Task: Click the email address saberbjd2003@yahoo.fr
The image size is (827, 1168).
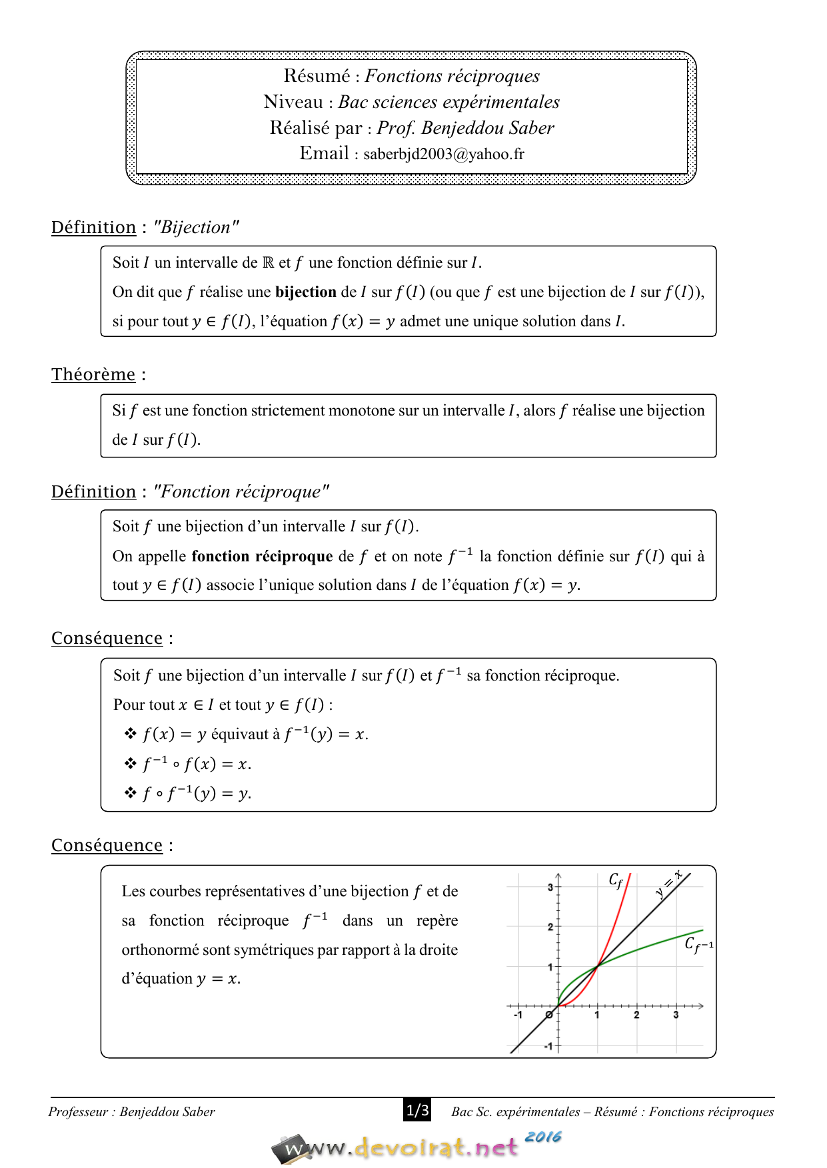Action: [444, 154]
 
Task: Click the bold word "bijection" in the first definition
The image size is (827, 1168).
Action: [306, 292]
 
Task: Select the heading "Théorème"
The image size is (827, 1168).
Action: [93, 374]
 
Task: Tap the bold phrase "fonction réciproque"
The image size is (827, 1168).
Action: [262, 556]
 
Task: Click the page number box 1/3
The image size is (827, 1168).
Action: [417, 1110]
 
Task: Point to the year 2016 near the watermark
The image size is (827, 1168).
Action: [542, 1137]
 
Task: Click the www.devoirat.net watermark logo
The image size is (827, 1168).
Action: [400, 1147]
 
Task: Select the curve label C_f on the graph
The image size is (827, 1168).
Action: [616, 880]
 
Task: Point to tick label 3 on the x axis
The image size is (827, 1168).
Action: [676, 1015]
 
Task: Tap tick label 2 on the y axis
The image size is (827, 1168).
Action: [550, 927]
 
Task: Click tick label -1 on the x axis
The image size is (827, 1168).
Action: [518, 1015]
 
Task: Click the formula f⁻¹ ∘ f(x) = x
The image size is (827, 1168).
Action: [197, 764]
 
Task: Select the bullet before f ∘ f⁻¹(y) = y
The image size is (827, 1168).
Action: [131, 792]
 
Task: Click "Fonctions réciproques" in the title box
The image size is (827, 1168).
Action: [452, 77]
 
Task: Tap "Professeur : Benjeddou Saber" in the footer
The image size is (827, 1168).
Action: [132, 1111]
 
